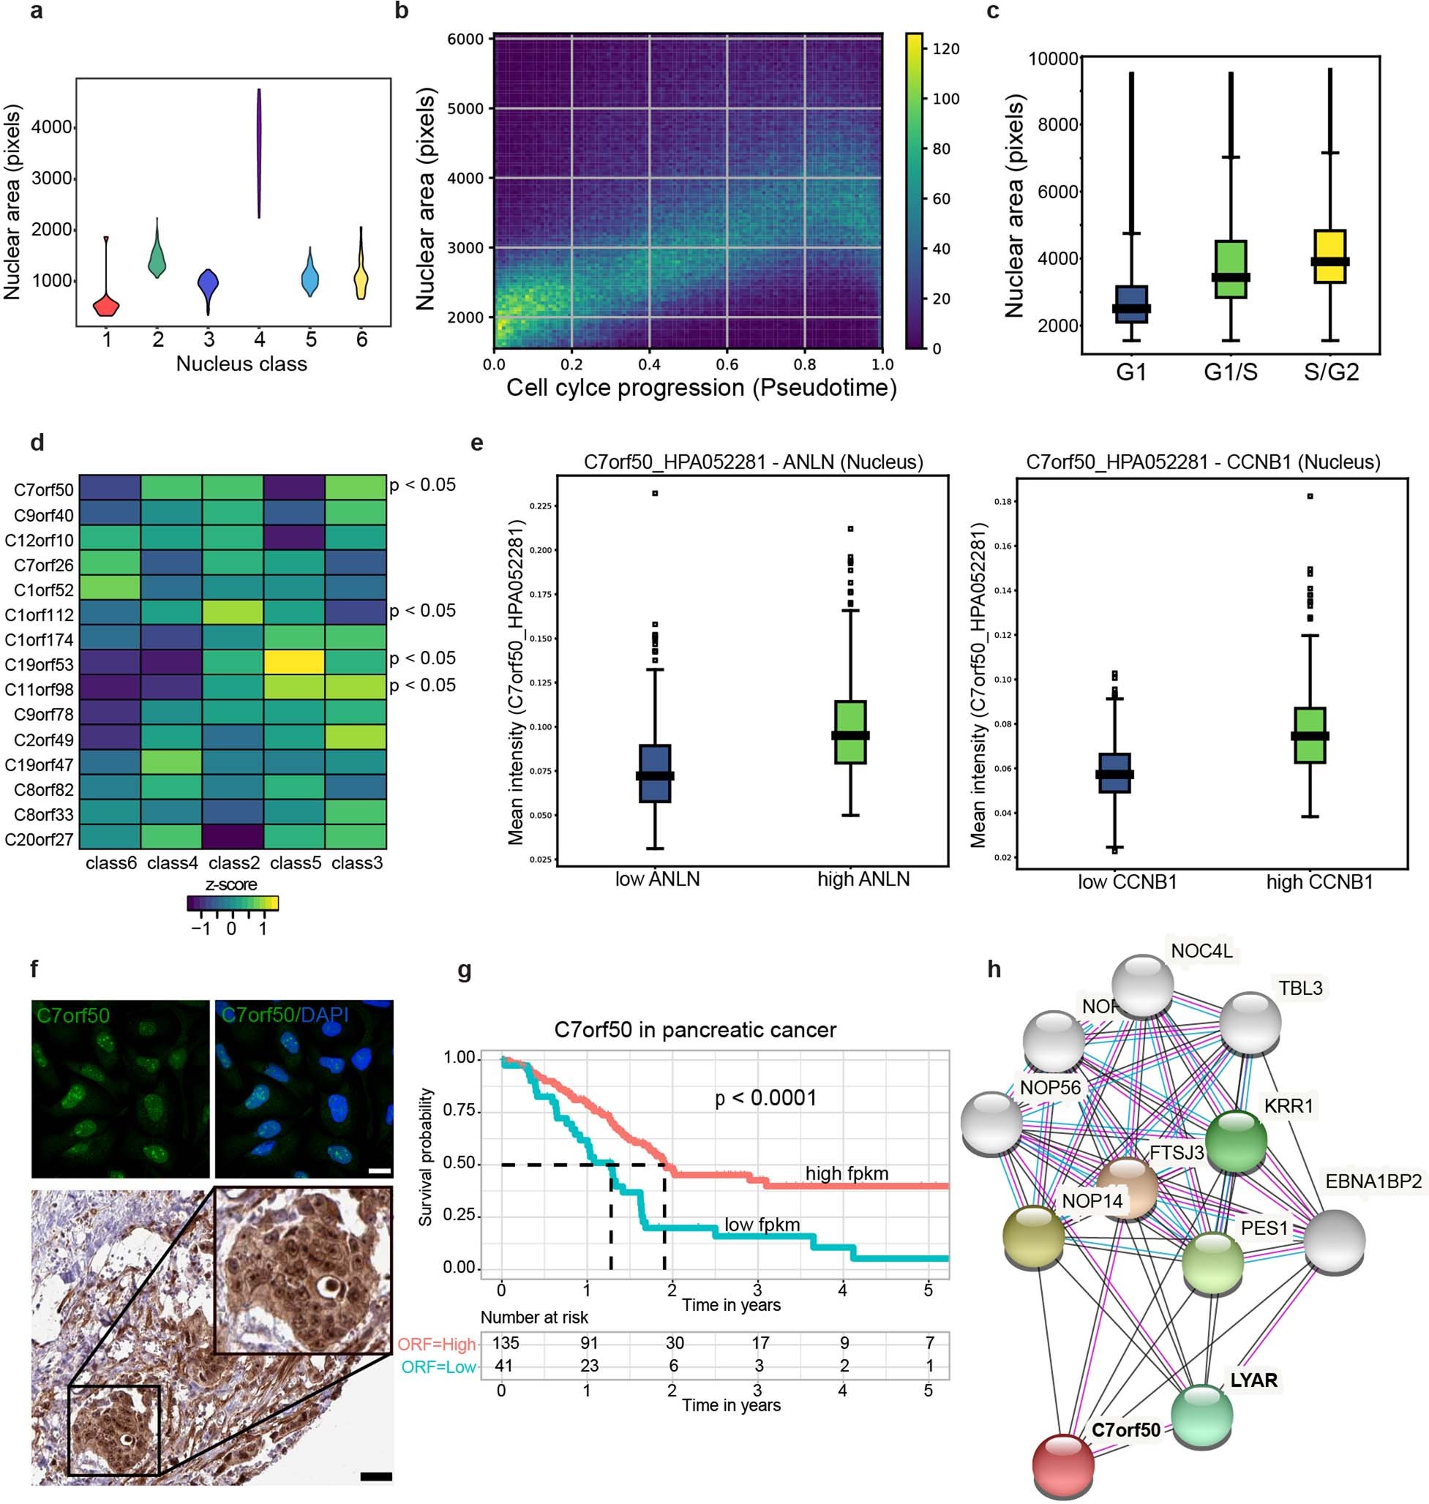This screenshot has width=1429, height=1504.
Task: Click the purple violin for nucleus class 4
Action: pos(259,152)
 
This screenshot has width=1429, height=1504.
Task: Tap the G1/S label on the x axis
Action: pos(1230,372)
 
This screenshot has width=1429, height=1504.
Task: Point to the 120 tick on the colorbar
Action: pos(945,49)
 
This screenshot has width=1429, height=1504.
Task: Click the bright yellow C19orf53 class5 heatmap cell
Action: pos(295,662)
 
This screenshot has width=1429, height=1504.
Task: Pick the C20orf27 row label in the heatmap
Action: pos(40,839)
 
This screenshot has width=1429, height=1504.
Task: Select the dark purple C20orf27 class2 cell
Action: pos(233,837)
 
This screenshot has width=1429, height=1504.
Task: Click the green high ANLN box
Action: pos(850,731)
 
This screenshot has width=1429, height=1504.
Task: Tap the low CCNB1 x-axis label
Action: pos(1127,881)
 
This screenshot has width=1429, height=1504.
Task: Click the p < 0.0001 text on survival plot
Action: pos(765,1097)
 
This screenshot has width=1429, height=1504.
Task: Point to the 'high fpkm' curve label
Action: pos(847,1173)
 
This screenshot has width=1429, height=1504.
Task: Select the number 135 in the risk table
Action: pos(505,1342)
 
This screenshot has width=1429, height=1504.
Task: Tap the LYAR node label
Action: pos(1253,1380)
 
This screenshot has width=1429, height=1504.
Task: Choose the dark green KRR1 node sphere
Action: pos(1235,1140)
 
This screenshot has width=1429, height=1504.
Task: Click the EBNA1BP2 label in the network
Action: pos(1373,1181)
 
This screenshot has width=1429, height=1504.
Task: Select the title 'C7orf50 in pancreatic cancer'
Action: pos(694,1029)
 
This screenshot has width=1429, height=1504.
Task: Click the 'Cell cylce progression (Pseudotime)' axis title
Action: pos(701,388)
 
